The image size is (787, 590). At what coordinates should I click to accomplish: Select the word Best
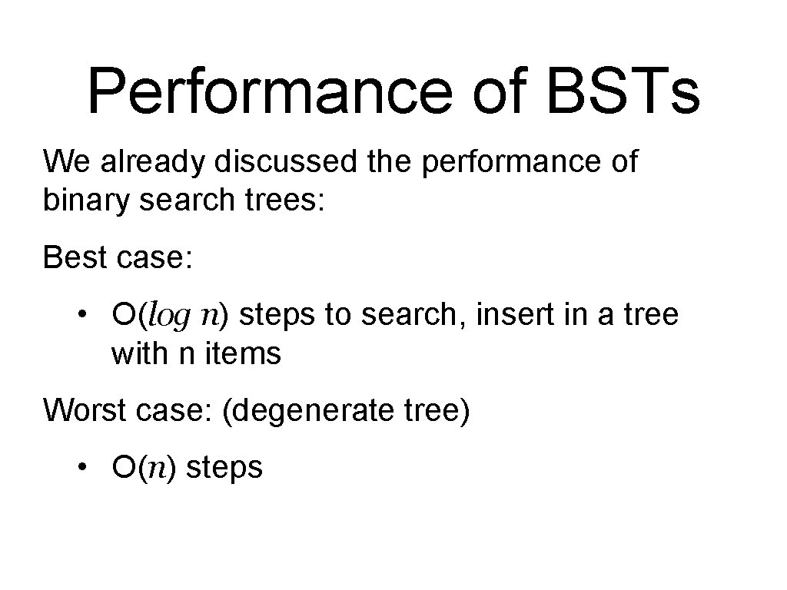pyautogui.click(x=76, y=257)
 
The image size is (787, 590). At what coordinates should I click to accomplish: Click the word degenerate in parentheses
pyautogui.click(x=315, y=410)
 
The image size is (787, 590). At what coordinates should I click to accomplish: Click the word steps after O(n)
pyautogui.click(x=224, y=467)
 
